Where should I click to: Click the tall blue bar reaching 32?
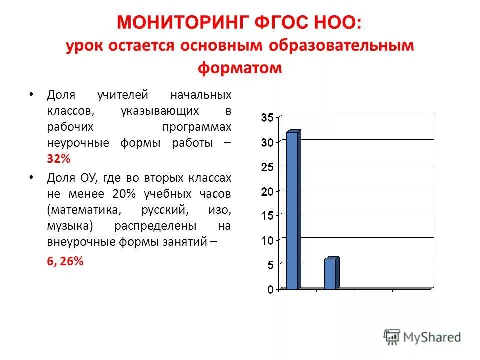[292, 210]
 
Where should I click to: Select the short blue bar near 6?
[331, 273]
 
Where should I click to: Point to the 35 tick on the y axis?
[267, 118]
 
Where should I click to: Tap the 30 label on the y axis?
[267, 143]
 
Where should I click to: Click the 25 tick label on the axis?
[267, 167]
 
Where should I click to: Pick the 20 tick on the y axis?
[267, 192]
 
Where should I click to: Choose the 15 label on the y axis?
[267, 216]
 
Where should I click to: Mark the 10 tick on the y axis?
[267, 241]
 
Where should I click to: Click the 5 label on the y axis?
[270, 265]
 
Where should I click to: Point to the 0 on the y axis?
[270, 290]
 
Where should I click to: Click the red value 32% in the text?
[59, 159]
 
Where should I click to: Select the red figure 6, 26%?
[65, 261]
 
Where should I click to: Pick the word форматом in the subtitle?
[240, 68]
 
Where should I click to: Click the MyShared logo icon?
[392, 337]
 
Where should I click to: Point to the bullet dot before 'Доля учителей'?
[31, 95]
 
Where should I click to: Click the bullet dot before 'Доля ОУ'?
[31, 178]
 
